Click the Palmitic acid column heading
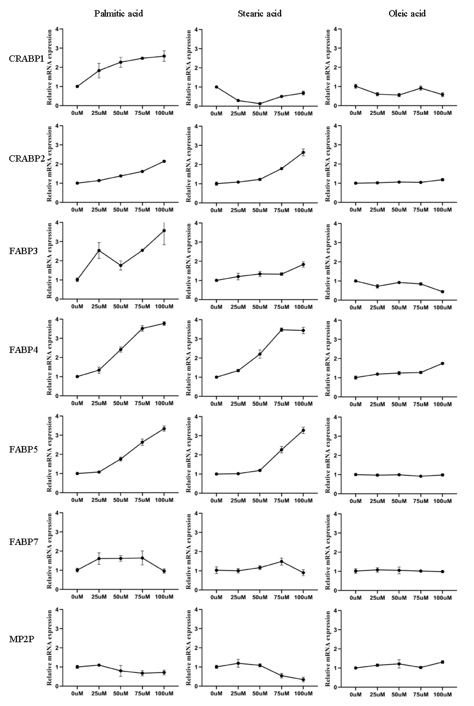(118, 14)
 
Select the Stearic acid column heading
(260, 14)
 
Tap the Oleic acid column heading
(407, 14)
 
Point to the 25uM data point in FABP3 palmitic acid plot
(99, 250)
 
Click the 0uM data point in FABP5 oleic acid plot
(355, 474)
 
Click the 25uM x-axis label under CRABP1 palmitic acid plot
(99, 113)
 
